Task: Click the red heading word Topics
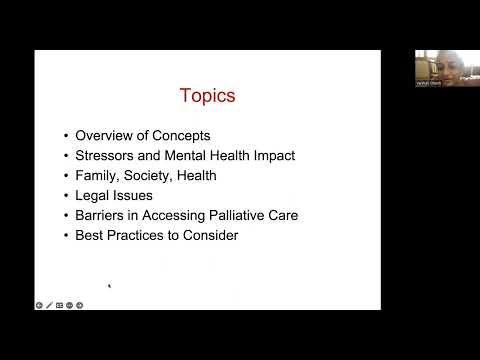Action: coord(207,96)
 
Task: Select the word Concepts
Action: coord(182,135)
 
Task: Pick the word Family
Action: coord(97,175)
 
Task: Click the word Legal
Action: coord(93,195)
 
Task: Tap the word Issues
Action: coord(133,195)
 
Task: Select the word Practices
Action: coord(138,235)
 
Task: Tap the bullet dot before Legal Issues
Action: coord(66,196)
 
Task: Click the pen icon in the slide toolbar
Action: coord(49,304)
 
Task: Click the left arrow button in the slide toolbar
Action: coord(39,304)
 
